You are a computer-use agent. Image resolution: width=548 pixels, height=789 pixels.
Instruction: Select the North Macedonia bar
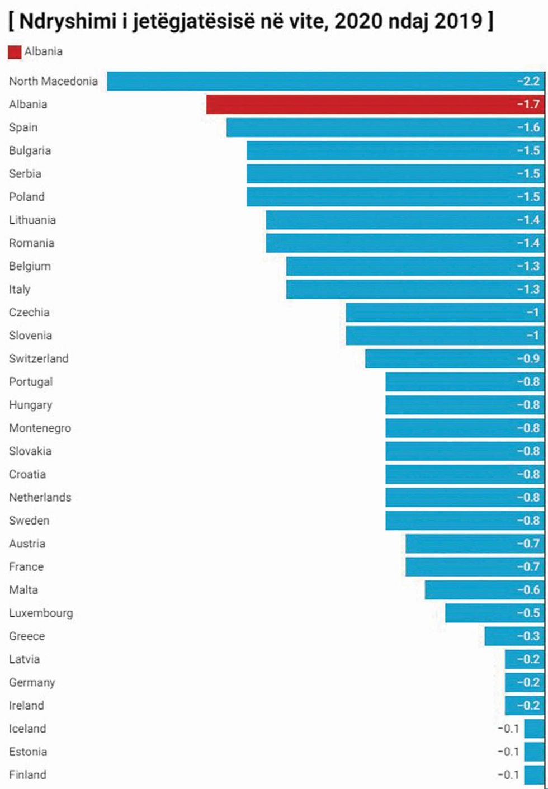click(x=324, y=81)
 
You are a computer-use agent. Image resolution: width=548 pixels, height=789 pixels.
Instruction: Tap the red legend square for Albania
click(x=15, y=52)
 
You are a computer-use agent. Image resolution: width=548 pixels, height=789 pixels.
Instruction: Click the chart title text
click(x=251, y=21)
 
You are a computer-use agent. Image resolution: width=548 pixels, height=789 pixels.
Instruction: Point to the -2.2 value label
click(x=528, y=81)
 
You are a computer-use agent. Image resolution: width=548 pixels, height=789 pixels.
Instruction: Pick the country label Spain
click(x=23, y=127)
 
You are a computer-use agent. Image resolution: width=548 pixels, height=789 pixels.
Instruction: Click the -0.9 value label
click(x=528, y=358)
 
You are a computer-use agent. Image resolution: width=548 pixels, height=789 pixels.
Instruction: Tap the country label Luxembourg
click(x=41, y=613)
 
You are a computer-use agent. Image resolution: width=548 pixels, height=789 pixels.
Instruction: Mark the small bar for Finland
click(x=534, y=774)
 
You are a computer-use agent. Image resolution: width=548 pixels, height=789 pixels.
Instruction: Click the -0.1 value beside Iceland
click(x=508, y=729)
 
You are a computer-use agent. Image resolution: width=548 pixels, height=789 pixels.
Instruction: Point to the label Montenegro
click(x=40, y=428)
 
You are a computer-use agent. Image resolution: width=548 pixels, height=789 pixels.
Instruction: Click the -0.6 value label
click(x=528, y=590)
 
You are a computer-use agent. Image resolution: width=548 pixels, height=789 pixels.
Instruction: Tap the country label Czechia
click(x=29, y=313)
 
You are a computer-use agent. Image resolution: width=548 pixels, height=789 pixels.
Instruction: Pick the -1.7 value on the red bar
click(x=528, y=104)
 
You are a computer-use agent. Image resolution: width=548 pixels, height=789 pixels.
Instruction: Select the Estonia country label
click(x=28, y=752)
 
